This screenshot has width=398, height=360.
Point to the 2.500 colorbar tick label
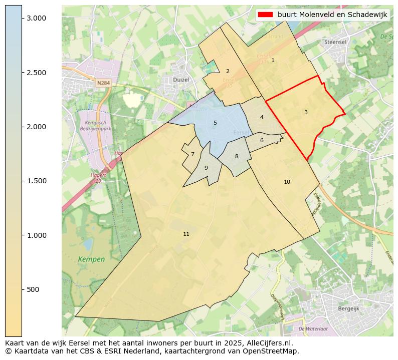36,73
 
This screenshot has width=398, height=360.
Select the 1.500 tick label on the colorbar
36,181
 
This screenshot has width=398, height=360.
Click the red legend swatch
265,15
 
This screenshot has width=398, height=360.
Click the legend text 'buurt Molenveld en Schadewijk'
332,15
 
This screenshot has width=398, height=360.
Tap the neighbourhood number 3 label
306,112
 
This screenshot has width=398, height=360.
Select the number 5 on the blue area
215,123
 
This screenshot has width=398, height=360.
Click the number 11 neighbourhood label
186,234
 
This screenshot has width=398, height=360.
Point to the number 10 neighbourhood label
287,182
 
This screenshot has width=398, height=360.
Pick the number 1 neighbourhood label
273,60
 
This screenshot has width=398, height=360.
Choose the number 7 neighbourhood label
192,154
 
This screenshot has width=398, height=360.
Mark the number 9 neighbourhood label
206,168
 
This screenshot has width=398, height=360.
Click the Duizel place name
180,80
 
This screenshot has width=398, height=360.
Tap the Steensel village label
335,43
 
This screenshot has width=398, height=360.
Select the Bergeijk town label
349,309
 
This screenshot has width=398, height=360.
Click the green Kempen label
91,259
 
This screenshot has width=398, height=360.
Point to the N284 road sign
103,83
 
